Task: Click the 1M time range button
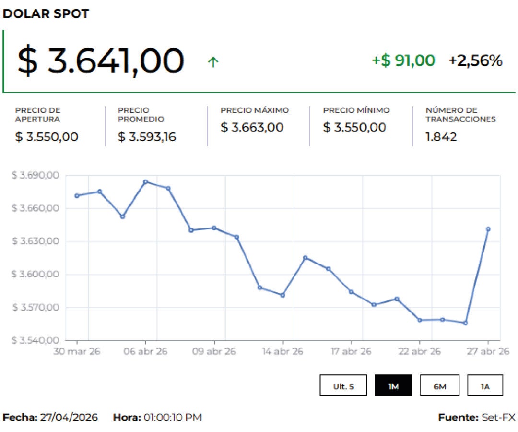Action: coord(393,386)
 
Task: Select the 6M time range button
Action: coord(439,386)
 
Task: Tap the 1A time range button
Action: coord(485,386)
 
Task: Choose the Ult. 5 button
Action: coord(343,386)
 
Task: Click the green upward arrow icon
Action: coord(213,62)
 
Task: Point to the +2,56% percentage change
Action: coord(475,61)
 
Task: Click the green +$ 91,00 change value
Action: coord(403,61)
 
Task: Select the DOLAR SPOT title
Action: coord(46,14)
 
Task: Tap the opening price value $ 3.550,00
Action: coord(47,137)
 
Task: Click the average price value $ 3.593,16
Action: coord(147,137)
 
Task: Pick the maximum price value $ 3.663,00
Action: coord(252,128)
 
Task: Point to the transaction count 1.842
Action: coord(441,137)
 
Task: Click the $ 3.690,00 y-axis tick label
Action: coord(35,175)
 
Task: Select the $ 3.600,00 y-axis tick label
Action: coord(35,275)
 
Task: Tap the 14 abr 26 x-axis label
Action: coord(282,351)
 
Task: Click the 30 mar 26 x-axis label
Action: coord(77,351)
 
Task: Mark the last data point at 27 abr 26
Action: coord(488,229)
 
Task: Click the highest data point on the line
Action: coord(145,181)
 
